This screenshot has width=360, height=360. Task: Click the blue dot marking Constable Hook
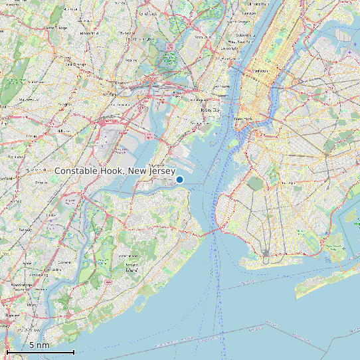[179, 179]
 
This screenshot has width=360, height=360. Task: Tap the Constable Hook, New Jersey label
[115, 171]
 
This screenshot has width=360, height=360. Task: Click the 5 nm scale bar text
[39, 345]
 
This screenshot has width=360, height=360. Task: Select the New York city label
[244, 119]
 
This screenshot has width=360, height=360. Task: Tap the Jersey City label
[210, 110]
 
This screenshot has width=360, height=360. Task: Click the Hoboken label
[223, 87]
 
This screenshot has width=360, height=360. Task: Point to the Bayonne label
[157, 164]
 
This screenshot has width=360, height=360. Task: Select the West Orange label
[57, 28]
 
